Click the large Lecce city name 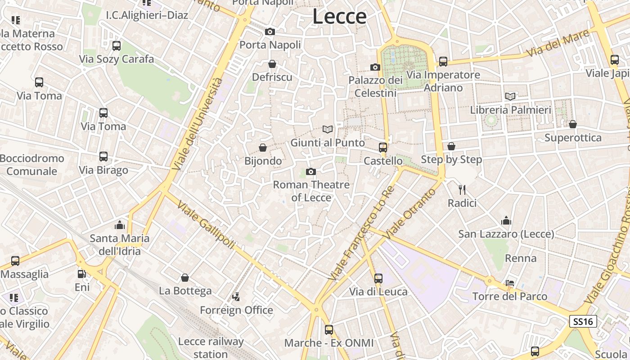pos(339,17)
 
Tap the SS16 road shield pos(583,321)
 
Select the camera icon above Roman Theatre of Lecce pos(310,171)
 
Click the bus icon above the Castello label pos(383,147)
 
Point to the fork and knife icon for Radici pos(462,189)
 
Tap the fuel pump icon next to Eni pos(82,274)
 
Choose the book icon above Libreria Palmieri pos(510,96)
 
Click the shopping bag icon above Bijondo pos(263,148)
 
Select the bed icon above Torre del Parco pos(510,283)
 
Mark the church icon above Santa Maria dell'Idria pos(120,225)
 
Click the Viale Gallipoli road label pos(206,225)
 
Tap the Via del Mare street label pos(558,43)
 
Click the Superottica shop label pos(573,137)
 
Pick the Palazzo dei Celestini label pos(376,86)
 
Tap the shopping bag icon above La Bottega pos(184,278)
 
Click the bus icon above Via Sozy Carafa pos(117,45)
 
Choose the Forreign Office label pos(236,310)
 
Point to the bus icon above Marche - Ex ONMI pos(329,329)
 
